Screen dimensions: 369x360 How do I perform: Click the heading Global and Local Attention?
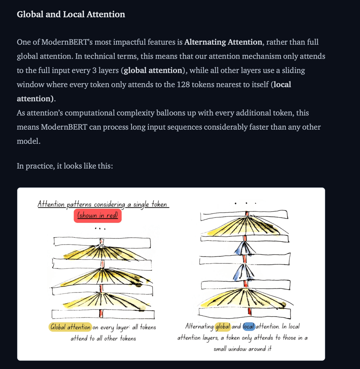71,15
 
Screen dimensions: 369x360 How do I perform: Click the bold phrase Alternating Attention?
223,42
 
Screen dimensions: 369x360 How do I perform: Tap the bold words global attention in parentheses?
153,70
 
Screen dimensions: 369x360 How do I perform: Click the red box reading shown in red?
97,216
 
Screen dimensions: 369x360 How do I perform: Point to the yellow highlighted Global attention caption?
70,327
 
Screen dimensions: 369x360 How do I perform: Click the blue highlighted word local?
249,327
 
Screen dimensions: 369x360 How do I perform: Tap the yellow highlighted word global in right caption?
222,327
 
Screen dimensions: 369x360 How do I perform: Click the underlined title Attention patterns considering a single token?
103,204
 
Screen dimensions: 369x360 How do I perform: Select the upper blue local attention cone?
244,248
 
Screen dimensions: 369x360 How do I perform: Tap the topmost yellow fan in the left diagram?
101,253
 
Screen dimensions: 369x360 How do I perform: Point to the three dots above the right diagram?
246,204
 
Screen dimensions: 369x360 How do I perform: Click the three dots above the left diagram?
100,228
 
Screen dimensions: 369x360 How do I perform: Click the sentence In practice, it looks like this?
64,166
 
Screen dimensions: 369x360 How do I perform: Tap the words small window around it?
242,349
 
